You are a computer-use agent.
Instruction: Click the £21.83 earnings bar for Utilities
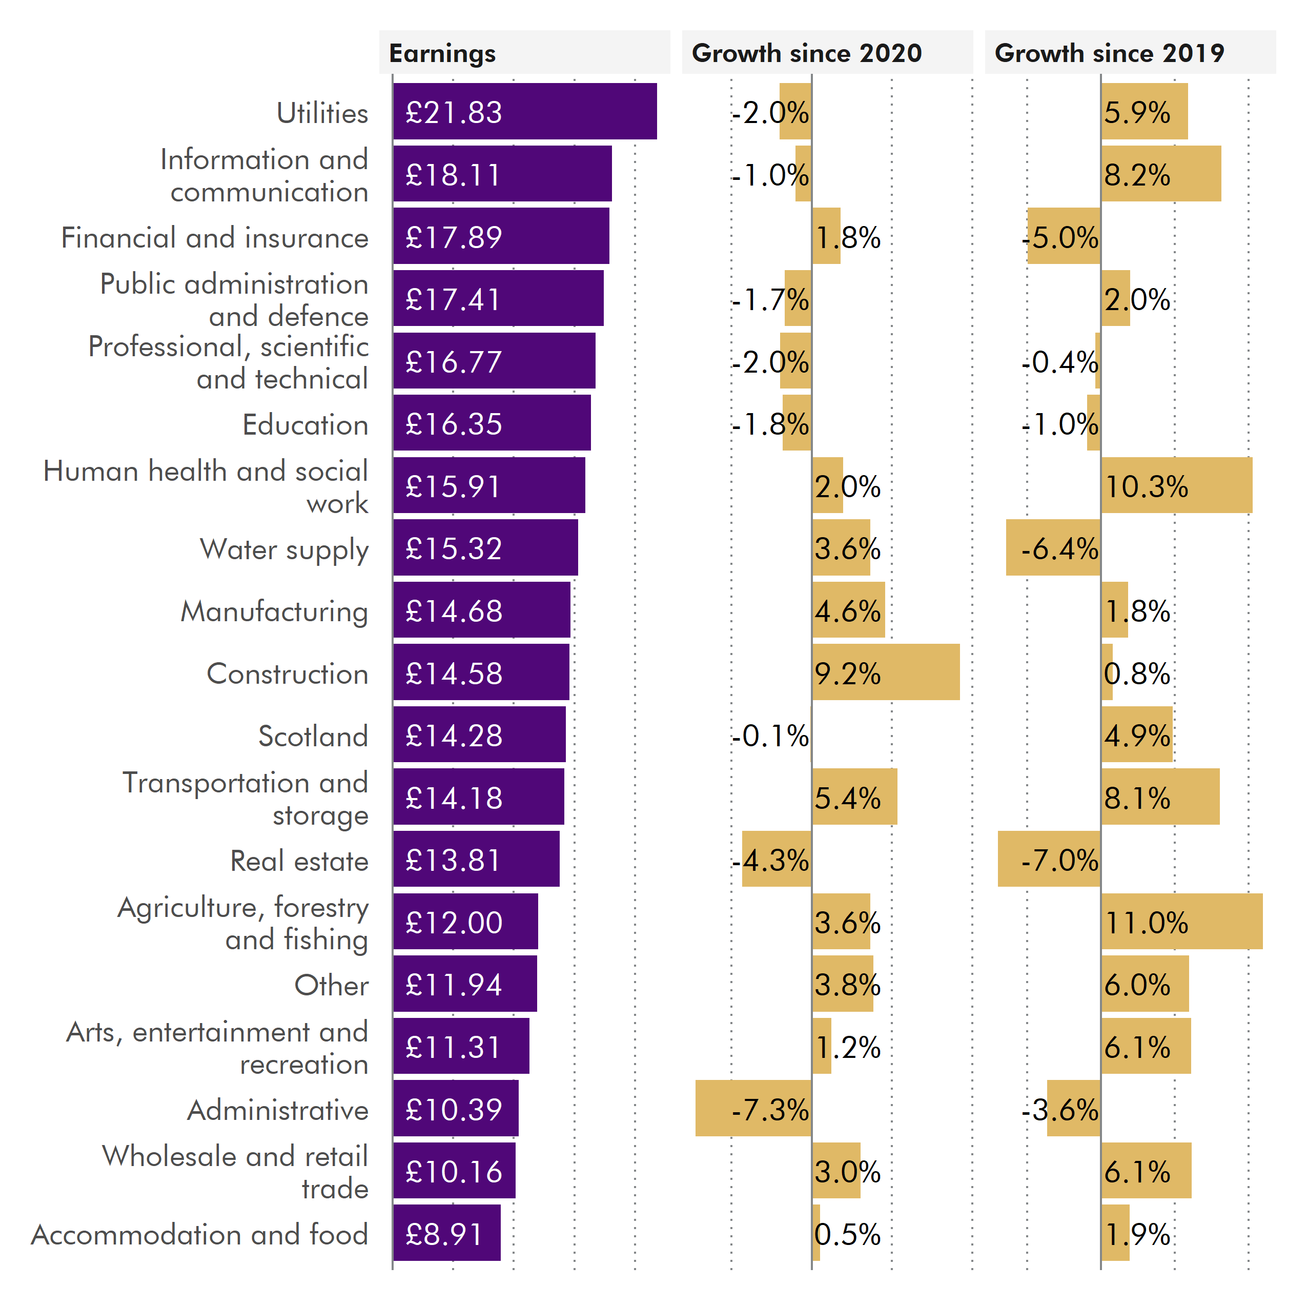(524, 112)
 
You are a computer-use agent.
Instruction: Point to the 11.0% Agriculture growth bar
(1181, 922)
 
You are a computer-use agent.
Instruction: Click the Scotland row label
(313, 736)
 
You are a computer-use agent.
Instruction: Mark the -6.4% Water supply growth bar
(1053, 548)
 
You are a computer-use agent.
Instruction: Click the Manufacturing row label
(274, 611)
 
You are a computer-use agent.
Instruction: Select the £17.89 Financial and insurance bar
(501, 236)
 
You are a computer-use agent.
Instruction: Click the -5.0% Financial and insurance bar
(1063, 236)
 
